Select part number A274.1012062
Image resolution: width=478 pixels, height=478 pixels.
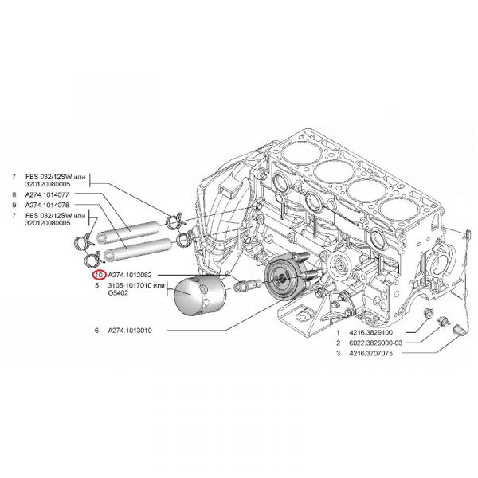click(x=133, y=276)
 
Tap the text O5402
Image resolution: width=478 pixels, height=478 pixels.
click(x=116, y=292)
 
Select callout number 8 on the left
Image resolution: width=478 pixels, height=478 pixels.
click(x=15, y=194)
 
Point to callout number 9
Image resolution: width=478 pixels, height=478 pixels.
click(x=15, y=206)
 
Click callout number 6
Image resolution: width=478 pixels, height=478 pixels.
click(x=96, y=329)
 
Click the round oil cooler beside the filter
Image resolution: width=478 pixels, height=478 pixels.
click(x=284, y=280)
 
